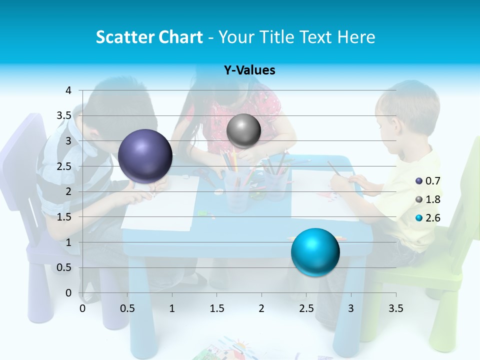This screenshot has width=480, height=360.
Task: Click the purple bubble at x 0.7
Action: (x=145, y=156)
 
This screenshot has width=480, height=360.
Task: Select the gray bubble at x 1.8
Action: (x=243, y=131)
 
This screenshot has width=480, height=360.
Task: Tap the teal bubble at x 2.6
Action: (x=315, y=252)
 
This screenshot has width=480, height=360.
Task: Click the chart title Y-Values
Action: (x=249, y=70)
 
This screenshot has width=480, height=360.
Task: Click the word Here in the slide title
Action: (x=356, y=37)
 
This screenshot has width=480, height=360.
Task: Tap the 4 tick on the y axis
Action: (x=68, y=90)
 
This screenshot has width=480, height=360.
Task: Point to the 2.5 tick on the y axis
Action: (x=63, y=166)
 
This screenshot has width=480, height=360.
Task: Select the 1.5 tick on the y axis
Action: (x=63, y=217)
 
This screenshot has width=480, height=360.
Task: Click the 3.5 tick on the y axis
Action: (x=63, y=115)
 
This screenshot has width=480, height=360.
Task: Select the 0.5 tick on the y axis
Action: (x=63, y=267)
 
